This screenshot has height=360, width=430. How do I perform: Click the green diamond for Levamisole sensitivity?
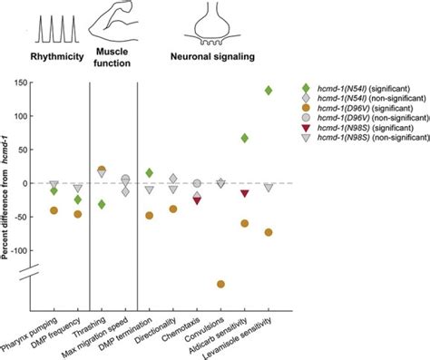(269, 90)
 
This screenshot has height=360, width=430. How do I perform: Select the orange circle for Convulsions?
(220, 284)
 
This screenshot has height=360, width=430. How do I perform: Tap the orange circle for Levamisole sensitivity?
(269, 232)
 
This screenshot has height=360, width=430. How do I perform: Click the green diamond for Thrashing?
(102, 204)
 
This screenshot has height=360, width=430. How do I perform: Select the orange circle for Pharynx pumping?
(54, 210)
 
